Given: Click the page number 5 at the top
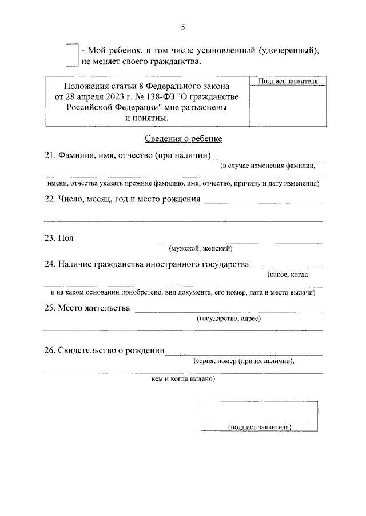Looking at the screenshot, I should [x=183, y=27].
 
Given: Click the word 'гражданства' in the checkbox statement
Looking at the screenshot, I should [x=177, y=61].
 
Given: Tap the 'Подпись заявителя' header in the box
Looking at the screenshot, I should [x=288, y=82].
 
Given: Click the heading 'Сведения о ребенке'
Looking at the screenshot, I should [x=182, y=138].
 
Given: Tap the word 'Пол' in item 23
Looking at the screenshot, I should [x=65, y=238].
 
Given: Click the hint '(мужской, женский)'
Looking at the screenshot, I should [x=200, y=248].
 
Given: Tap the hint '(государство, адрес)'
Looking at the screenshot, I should [x=228, y=319].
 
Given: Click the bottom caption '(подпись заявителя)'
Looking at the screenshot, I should [x=260, y=427].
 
